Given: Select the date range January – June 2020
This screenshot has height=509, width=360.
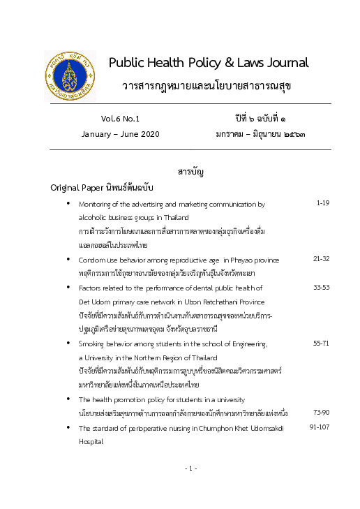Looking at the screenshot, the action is (121, 133).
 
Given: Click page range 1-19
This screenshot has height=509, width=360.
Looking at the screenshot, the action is (322, 203).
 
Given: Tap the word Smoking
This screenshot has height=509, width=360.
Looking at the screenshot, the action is (93, 344).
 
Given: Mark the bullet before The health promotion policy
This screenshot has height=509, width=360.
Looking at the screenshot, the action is (68, 399).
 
